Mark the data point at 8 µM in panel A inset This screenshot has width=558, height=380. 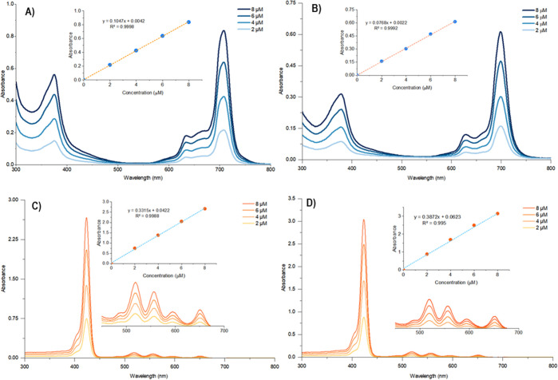coord(188,22)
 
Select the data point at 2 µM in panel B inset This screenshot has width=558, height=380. coord(382,61)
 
